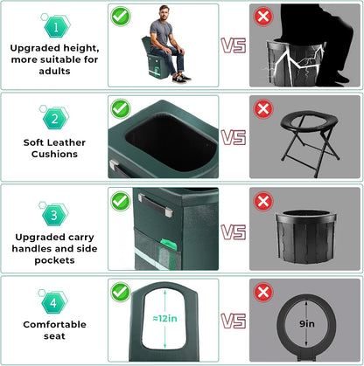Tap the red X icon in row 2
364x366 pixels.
point(262,107)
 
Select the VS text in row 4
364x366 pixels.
point(233,321)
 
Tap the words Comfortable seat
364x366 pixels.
point(54,333)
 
